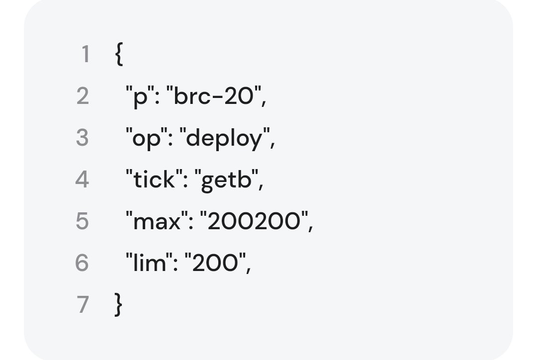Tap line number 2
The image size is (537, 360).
pyautogui.click(x=83, y=96)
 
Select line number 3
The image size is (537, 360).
pyautogui.click(x=83, y=138)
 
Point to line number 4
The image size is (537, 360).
pyautogui.click(x=82, y=179)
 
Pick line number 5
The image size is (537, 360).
pyautogui.click(x=83, y=221)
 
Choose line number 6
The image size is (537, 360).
pyautogui.click(x=82, y=263)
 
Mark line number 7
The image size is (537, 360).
pyautogui.click(x=83, y=304)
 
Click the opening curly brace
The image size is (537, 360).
pyautogui.click(x=118, y=54)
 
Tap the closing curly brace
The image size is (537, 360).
pyautogui.click(x=118, y=304)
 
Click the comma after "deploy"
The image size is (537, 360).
pyautogui.click(x=272, y=145)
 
